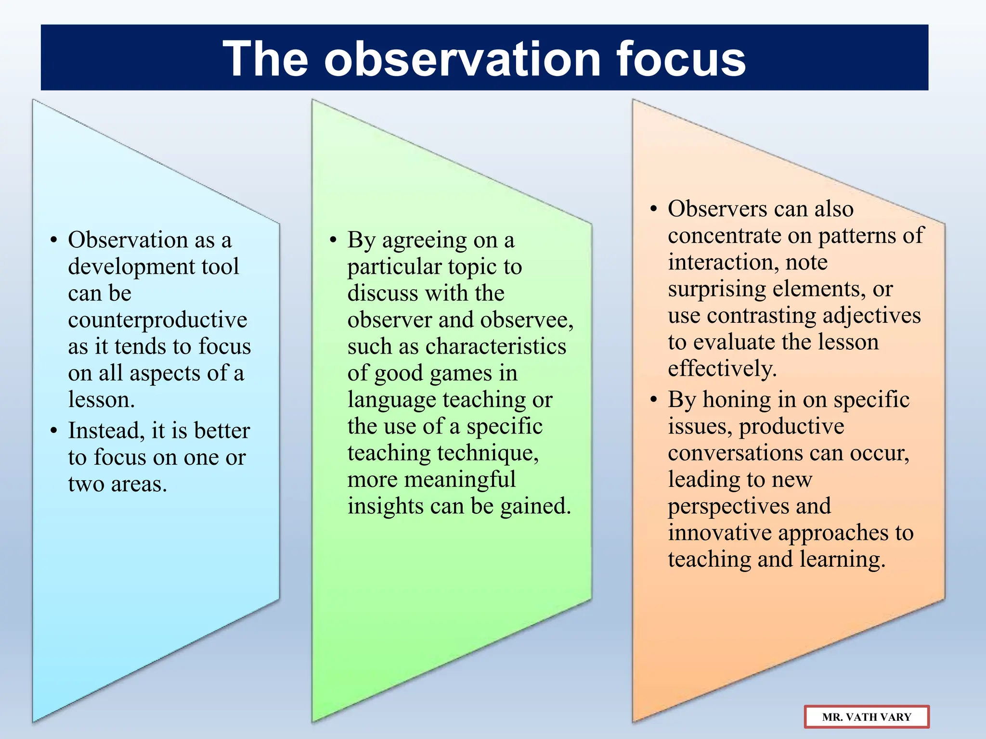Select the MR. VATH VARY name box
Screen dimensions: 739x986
click(x=866, y=717)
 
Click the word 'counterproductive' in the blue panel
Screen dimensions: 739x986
click(x=157, y=320)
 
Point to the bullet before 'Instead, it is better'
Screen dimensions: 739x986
click(x=54, y=431)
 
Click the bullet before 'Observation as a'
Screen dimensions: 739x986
click(x=54, y=240)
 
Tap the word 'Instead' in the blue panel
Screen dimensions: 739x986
click(x=105, y=431)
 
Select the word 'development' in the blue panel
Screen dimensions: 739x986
click(x=130, y=267)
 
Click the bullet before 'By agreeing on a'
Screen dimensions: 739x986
click(x=333, y=240)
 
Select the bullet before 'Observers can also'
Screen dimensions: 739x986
click(x=653, y=209)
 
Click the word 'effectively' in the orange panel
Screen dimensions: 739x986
click(x=722, y=369)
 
